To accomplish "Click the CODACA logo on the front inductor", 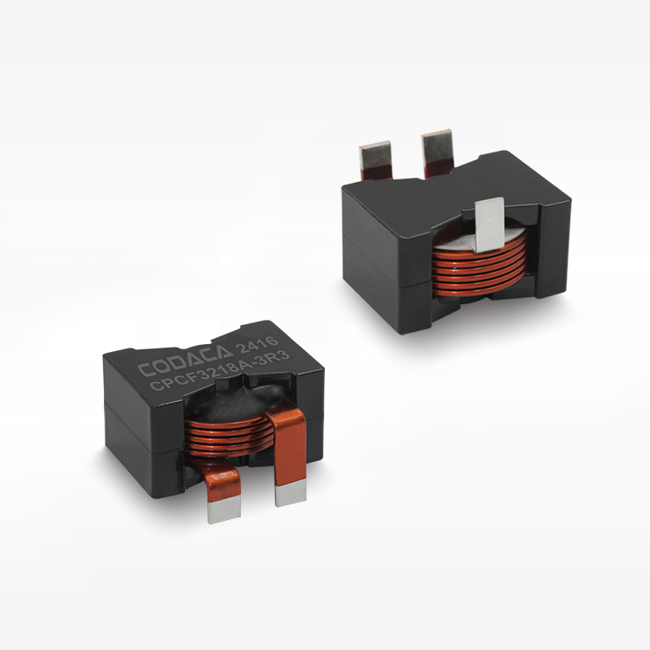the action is click(x=185, y=361).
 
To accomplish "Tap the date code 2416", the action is click(x=257, y=345).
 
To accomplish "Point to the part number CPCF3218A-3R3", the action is click(x=220, y=370).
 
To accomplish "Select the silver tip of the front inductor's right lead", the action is click(x=290, y=493).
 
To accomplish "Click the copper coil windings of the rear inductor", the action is click(x=479, y=269).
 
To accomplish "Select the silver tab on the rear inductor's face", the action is click(x=489, y=224).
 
